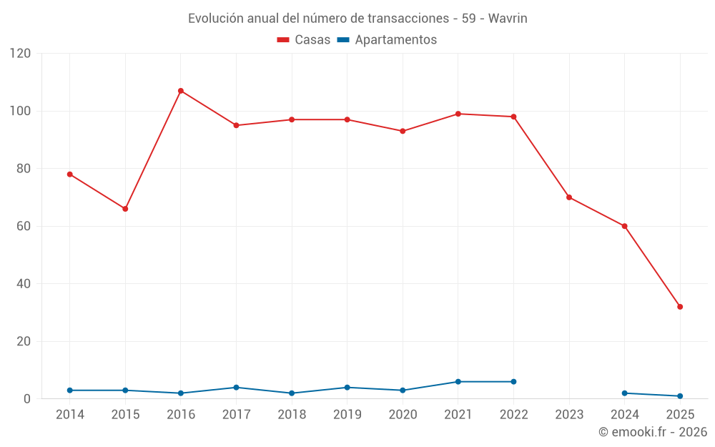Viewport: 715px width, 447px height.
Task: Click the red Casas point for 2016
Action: [x=181, y=91]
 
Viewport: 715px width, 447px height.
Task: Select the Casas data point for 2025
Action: [x=680, y=307]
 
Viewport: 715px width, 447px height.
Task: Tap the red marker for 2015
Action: [x=125, y=209]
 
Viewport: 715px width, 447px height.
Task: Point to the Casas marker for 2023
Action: [x=569, y=197]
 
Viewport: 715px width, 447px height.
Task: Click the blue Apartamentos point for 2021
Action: [x=458, y=382]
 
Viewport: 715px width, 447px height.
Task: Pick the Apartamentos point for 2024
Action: [x=625, y=393]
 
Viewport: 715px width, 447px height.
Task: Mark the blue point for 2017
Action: [x=236, y=388]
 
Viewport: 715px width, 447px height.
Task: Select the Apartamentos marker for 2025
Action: [x=680, y=396]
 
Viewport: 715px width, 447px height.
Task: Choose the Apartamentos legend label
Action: [x=395, y=40]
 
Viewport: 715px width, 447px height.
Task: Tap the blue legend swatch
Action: [x=342, y=40]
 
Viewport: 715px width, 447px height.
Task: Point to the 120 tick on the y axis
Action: [x=21, y=54]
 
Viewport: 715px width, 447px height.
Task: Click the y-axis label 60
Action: [x=24, y=226]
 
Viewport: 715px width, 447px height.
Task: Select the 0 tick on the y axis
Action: [x=27, y=399]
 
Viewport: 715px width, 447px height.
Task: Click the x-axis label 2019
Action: [x=347, y=415]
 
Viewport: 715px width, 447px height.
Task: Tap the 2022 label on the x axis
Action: [x=513, y=415]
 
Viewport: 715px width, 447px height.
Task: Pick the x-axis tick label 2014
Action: [x=69, y=415]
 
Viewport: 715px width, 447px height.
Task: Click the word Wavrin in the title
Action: [x=508, y=19]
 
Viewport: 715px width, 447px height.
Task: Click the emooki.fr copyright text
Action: [x=653, y=432]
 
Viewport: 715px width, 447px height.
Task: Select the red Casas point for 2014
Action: [x=70, y=175]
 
